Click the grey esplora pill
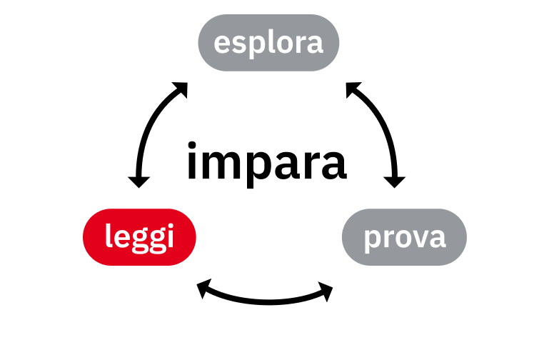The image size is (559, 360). [268, 43]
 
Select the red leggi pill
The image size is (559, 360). [139, 236]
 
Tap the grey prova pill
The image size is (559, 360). [404, 236]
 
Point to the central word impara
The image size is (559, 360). [266, 162]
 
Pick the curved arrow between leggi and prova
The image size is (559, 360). [266, 298]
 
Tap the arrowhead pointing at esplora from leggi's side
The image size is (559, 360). [180, 89]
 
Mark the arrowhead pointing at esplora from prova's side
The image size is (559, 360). [353, 89]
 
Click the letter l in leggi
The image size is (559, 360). [109, 235]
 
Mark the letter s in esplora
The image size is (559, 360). [238, 44]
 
